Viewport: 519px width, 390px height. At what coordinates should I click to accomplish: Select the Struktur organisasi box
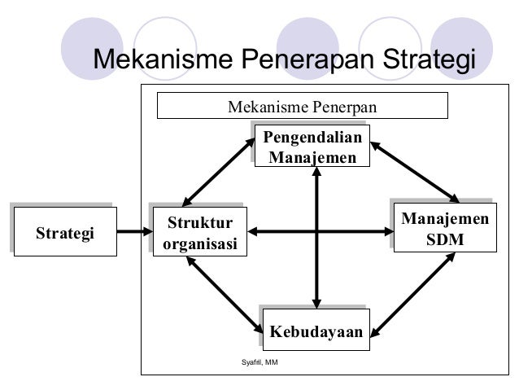(x=199, y=233)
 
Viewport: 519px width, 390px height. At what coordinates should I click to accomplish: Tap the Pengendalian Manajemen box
(x=312, y=146)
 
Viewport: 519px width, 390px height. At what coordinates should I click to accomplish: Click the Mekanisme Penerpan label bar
(x=302, y=106)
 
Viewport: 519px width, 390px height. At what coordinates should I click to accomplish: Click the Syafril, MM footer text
(x=260, y=361)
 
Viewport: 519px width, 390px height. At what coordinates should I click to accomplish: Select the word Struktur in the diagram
(x=199, y=222)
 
